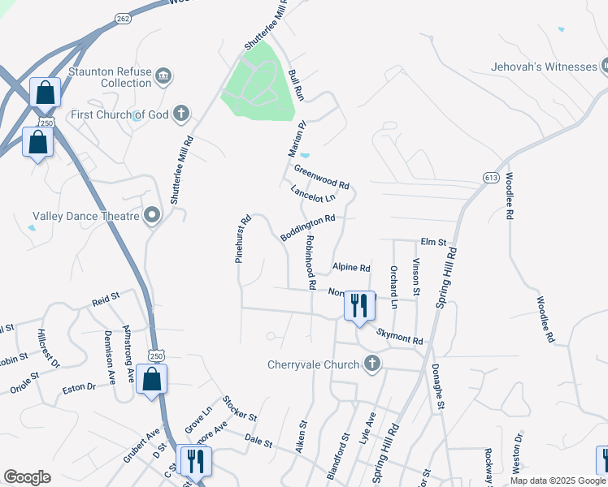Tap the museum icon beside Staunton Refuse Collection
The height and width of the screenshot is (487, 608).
(x=163, y=75)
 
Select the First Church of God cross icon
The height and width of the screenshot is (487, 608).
(x=182, y=114)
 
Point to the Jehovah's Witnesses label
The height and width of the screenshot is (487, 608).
(x=543, y=67)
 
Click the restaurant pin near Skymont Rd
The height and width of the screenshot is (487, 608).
(x=359, y=306)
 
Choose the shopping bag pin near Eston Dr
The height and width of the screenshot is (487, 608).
(x=152, y=379)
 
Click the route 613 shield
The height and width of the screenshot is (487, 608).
(x=490, y=177)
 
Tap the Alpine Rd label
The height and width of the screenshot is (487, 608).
(x=351, y=267)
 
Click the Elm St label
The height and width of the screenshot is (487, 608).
(x=433, y=242)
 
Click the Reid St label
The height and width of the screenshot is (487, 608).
(x=106, y=300)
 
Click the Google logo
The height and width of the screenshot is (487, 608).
(x=27, y=477)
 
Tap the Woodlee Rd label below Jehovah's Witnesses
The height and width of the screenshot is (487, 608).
(x=510, y=197)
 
